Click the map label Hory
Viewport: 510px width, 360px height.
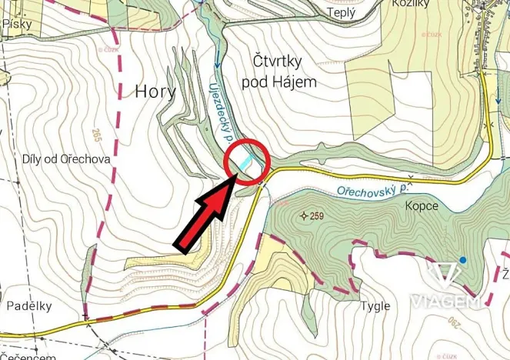click(155, 91)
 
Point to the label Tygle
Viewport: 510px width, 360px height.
click(375, 306)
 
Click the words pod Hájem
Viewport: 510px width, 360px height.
click(279, 81)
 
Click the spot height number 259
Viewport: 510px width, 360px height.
click(318, 215)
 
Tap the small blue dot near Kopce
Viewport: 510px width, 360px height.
click(462, 260)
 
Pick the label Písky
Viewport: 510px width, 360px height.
click(18, 24)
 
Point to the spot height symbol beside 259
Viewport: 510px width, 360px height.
click(304, 215)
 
